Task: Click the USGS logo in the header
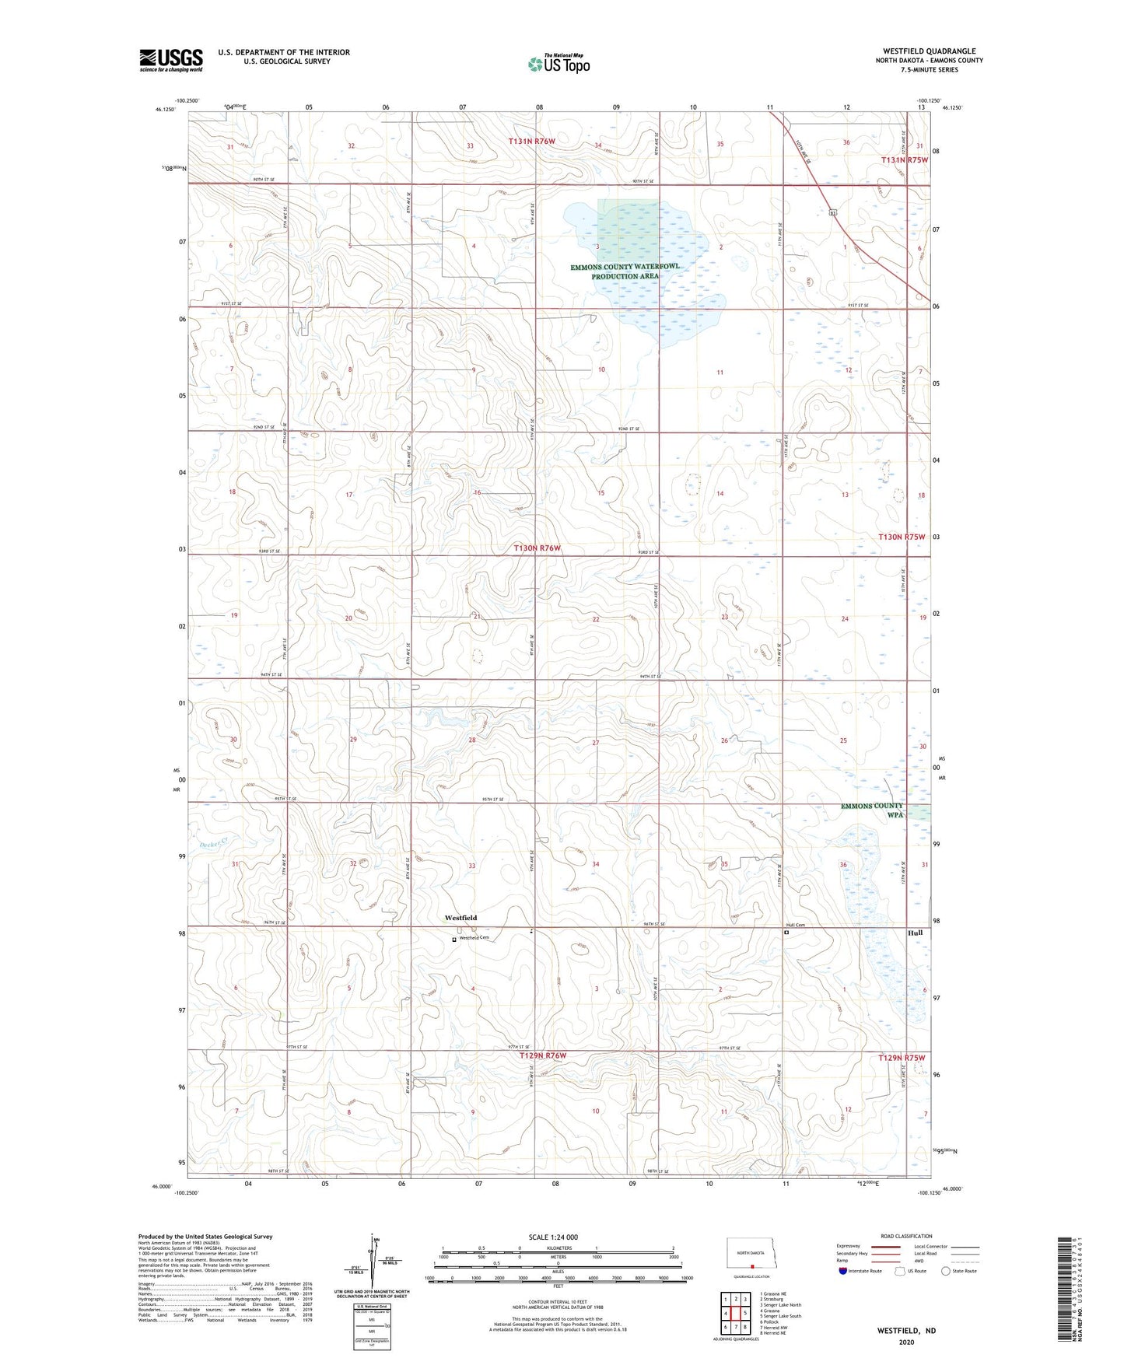[171, 60]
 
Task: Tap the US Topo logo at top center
[558, 63]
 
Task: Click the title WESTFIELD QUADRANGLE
[929, 51]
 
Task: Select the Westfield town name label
[460, 918]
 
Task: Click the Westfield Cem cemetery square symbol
[454, 940]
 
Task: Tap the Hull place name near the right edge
[915, 933]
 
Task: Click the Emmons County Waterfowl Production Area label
[625, 271]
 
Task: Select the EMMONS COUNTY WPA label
[872, 810]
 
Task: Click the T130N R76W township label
[537, 548]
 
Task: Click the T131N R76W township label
[532, 141]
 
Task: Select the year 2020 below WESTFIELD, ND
[905, 1342]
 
